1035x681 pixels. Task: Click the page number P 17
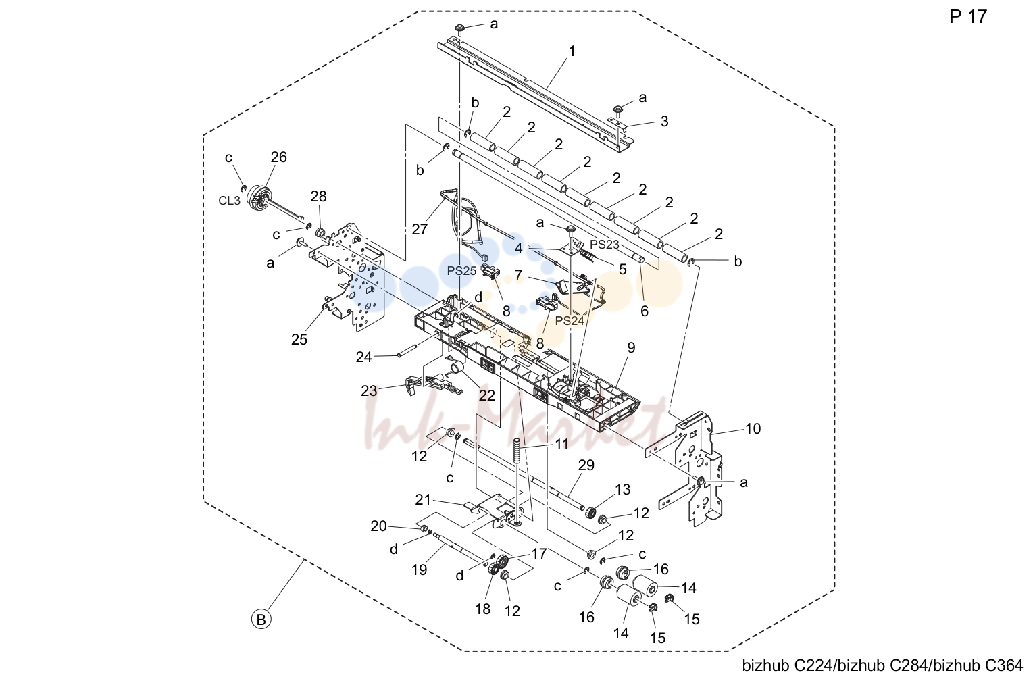[968, 17]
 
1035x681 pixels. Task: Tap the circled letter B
[261, 620]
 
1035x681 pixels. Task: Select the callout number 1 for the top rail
[572, 51]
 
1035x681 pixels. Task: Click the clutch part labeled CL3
[259, 199]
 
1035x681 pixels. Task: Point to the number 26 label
[278, 157]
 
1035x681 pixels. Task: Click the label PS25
[461, 271]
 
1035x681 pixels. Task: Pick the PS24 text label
[570, 321]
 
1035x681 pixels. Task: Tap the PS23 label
[605, 244]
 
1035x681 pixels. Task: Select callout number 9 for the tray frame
[631, 347]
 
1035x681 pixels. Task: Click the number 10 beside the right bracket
[753, 429]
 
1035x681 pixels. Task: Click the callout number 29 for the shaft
[586, 465]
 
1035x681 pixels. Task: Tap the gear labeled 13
[589, 513]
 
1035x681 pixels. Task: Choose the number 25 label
[299, 340]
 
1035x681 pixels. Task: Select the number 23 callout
[369, 391]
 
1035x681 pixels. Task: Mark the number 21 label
[423, 500]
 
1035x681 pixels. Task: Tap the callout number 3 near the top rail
[664, 121]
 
